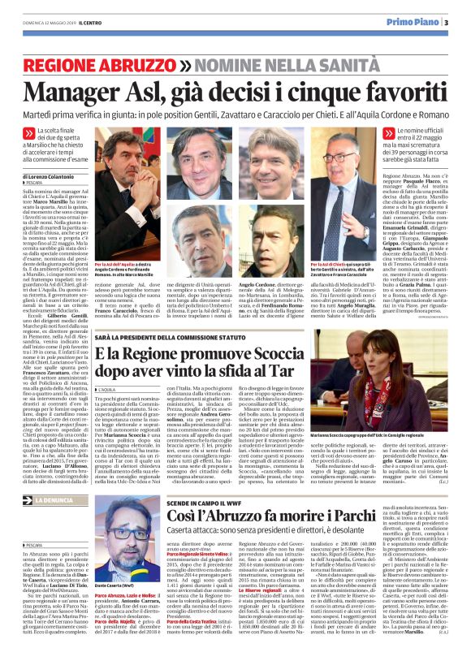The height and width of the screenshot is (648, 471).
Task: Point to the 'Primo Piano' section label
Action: [414, 23]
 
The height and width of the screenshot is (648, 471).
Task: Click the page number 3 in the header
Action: [445, 23]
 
